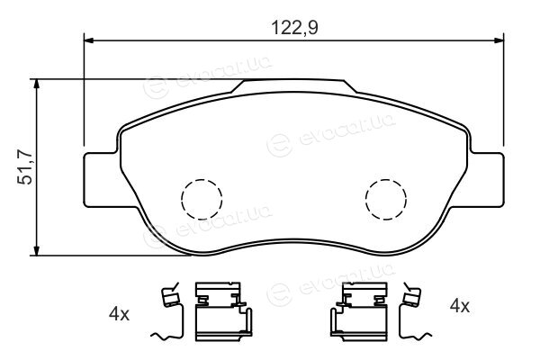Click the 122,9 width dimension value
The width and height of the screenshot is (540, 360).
pos(294,28)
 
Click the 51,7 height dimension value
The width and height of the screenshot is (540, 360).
pos(25,167)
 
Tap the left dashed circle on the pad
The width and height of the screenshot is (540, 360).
pos(202,199)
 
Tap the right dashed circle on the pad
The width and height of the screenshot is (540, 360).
pos(386,199)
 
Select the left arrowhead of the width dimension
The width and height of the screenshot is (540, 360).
pos(89,40)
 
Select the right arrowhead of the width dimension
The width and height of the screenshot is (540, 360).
pos(499,40)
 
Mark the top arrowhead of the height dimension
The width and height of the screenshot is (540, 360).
pos(36,85)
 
